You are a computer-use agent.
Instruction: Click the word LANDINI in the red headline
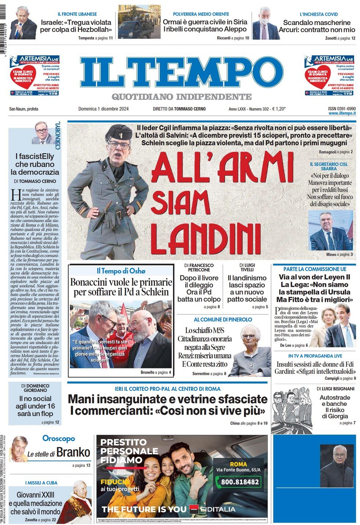206,238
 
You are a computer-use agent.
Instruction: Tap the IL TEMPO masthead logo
182,72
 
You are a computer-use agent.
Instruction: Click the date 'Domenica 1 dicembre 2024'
103,109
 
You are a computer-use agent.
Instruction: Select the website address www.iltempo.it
342,114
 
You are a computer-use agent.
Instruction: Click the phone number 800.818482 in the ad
240,482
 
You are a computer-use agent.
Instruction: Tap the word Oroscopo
58,438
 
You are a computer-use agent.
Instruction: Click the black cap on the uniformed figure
119,132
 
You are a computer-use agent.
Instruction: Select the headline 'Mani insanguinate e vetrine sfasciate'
168,399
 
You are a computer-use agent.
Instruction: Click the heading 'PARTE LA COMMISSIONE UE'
314,269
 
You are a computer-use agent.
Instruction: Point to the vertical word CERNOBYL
58,136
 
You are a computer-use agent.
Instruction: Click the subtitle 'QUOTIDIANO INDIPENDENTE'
181,97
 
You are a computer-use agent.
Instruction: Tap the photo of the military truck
139,22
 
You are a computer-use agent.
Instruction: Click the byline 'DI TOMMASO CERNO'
35,181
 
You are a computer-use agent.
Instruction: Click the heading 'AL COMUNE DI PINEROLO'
223,319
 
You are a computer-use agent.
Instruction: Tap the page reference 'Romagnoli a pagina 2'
336,152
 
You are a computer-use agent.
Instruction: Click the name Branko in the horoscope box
73,452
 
